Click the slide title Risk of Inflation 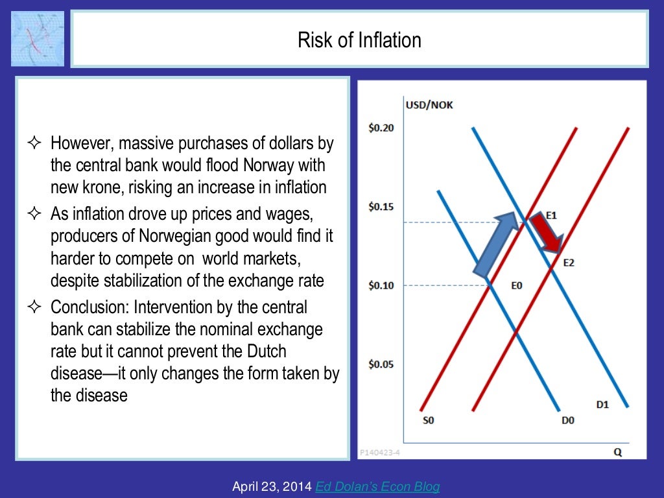tap(359, 40)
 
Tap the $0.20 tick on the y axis tap(381, 128)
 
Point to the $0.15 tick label tap(381, 207)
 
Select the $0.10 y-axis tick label tap(381, 285)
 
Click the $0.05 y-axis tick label tap(381, 364)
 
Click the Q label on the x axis tap(618, 453)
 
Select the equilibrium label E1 tap(551, 215)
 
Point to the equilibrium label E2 tap(568, 263)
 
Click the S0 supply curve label tap(428, 420)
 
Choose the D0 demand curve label tap(567, 420)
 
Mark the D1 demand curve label tap(602, 405)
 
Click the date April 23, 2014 tap(272, 486)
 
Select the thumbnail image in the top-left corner tap(38, 38)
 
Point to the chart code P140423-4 tap(379, 453)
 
